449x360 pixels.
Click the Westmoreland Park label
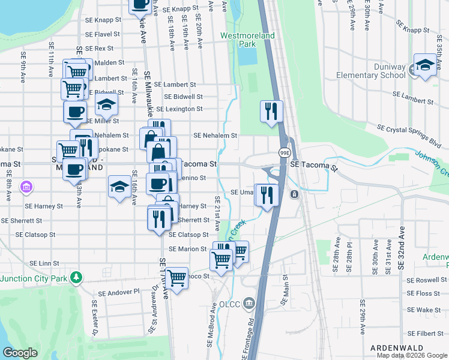(x=247, y=40)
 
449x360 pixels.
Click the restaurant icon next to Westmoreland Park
(x=271, y=111)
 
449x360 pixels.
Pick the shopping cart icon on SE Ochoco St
(x=177, y=278)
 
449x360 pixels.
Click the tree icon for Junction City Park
(x=76, y=277)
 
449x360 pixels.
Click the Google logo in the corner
(x=20, y=353)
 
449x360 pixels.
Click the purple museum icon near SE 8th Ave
(x=25, y=188)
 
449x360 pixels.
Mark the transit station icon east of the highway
(x=294, y=194)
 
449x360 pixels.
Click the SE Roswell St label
(x=427, y=280)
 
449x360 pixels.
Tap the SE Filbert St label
(x=427, y=333)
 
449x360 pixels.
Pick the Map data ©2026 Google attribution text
(x=411, y=355)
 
